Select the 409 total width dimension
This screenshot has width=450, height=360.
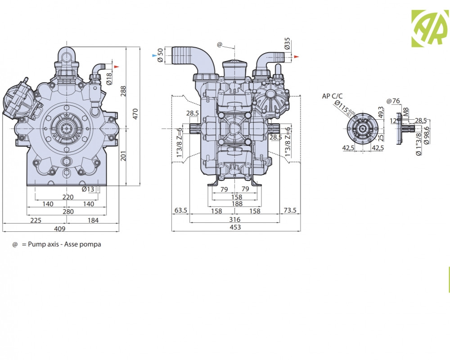point(60,229)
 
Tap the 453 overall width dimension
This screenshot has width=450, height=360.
point(235,227)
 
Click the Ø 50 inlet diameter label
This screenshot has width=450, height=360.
point(161,56)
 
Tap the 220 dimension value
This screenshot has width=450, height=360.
point(67,197)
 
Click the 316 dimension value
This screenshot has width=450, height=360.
point(235,220)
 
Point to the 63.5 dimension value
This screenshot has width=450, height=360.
point(180,211)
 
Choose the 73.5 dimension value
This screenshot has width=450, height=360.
point(290,211)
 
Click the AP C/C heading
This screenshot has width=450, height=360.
point(332,96)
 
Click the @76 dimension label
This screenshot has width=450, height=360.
point(393,100)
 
